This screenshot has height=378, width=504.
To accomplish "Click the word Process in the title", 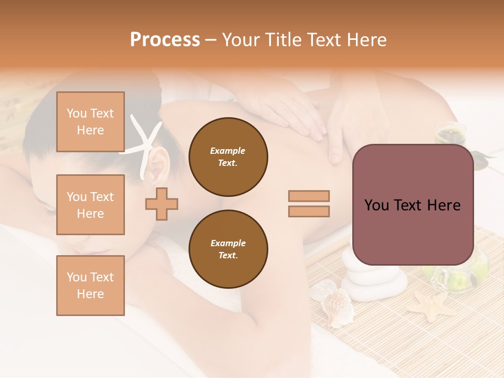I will tap(165, 40).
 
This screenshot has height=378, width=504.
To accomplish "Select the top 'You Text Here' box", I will tap(90, 122).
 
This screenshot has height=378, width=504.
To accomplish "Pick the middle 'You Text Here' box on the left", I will tap(90, 205).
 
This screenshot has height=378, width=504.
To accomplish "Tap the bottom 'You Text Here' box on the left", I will tap(90, 285).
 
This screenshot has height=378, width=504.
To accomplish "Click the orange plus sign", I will tap(162, 204).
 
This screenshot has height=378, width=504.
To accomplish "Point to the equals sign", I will tap(309, 204).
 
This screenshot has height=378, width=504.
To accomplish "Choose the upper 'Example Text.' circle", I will tap(228, 156).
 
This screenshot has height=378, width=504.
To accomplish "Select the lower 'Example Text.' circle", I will tap(228, 249).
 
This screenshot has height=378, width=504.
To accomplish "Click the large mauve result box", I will tap(413, 205).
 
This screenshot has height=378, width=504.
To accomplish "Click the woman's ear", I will tap(160, 163).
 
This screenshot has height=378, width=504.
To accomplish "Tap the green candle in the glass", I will tap(450, 132).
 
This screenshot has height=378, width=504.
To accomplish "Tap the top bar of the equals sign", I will tap(309, 196).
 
